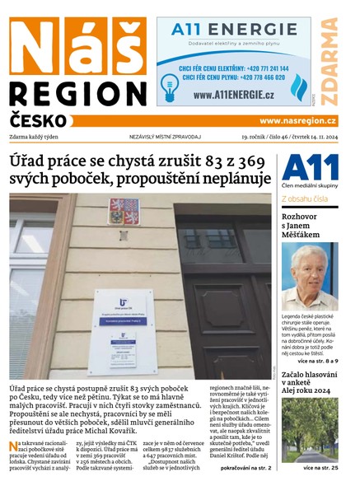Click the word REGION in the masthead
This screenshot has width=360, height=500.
pyautogui.click(x=76, y=93)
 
